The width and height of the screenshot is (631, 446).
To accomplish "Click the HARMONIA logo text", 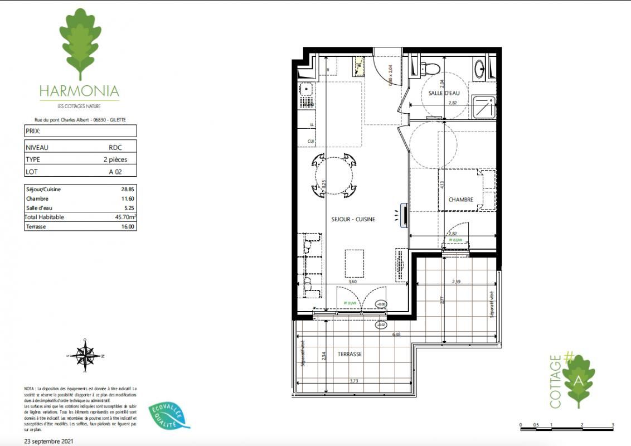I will click(79, 90).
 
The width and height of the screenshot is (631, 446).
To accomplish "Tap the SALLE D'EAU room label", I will click(444, 93).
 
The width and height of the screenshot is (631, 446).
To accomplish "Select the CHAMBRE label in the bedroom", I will click(460, 200).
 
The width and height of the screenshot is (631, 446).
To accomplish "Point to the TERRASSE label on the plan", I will click(350, 354).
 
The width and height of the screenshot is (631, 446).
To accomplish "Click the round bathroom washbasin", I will click(480, 70).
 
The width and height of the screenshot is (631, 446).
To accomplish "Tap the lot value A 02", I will click(115, 172).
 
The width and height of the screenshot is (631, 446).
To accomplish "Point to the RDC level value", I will click(115, 148).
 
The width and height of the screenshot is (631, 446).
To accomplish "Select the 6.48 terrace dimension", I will click(396, 334).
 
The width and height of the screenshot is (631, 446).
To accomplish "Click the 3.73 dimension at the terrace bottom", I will click(353, 381).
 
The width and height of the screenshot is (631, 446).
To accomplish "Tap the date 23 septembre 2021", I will click(48, 440).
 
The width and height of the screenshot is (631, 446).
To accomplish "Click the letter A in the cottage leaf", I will click(578, 381).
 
